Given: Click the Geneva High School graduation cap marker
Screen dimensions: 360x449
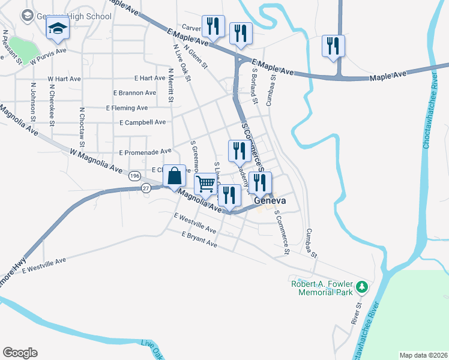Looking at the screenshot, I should (58, 29).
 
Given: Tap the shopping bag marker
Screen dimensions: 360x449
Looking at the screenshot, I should (174, 176).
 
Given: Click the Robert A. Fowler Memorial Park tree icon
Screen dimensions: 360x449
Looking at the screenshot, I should (361, 287).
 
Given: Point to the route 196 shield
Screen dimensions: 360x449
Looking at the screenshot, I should (134, 176).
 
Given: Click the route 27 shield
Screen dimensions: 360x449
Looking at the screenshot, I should (146, 188).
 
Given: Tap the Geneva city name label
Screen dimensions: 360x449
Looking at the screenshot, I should (268, 202).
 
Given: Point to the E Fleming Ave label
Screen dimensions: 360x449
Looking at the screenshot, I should (127, 108).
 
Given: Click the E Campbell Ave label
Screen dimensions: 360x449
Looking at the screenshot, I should (142, 122).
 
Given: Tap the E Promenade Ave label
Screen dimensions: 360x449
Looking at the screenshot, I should (145, 152).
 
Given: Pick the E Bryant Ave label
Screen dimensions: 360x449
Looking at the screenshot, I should (199, 239).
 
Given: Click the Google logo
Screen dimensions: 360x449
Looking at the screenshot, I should (20, 353).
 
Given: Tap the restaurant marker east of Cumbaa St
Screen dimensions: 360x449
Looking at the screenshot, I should (333, 46).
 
